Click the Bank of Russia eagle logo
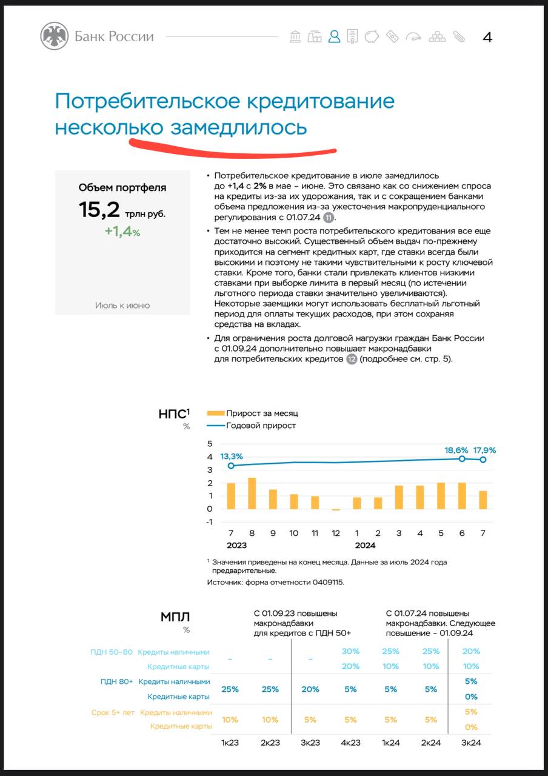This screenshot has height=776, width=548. pyautogui.click(x=55, y=36)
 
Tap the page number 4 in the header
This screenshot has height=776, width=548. pyautogui.click(x=487, y=37)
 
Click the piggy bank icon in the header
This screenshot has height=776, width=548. pyautogui.click(x=372, y=36)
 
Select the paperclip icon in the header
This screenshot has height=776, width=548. pyautogui.click(x=458, y=36)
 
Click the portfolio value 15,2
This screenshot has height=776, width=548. pyautogui.click(x=99, y=210)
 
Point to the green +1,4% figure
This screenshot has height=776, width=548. pyautogui.click(x=122, y=231)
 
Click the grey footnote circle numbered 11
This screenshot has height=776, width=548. pyautogui.click(x=329, y=218)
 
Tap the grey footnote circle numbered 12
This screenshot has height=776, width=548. pyautogui.click(x=352, y=359)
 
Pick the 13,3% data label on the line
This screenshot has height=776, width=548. pyautogui.click(x=232, y=457)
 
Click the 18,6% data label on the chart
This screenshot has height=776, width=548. pyautogui.click(x=456, y=450)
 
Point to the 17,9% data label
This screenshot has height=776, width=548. pyautogui.click(x=484, y=450)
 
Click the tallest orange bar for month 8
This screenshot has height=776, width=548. pyautogui.click(x=252, y=493)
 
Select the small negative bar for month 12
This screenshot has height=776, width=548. pyautogui.click(x=336, y=510)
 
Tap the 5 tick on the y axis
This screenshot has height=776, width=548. pyautogui.click(x=210, y=444)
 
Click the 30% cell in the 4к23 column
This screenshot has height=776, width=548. pyautogui.click(x=350, y=651)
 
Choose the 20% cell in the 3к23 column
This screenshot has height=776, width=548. pyautogui.click(x=310, y=689)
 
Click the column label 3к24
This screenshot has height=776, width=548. pyautogui.click(x=471, y=743)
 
